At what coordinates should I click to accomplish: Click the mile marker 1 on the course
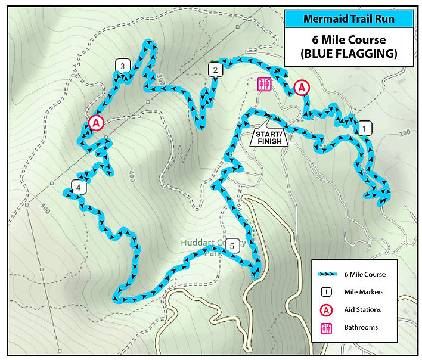click(x=364, y=128)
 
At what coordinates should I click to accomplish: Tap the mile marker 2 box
click(x=214, y=70)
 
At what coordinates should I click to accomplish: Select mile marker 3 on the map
click(x=122, y=66)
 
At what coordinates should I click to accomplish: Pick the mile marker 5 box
click(x=233, y=245)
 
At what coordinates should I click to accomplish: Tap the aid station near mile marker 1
click(x=302, y=88)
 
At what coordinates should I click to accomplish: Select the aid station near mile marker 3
click(x=95, y=123)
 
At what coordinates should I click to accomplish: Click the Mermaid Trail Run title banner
click(x=349, y=18)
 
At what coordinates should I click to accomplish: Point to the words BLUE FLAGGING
click(x=349, y=54)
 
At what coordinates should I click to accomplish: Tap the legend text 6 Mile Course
click(x=365, y=274)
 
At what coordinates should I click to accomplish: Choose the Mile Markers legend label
click(x=364, y=292)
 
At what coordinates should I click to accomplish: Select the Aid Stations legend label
click(x=362, y=310)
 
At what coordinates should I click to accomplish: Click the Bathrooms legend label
click(x=361, y=327)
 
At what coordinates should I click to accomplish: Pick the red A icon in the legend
click(x=327, y=310)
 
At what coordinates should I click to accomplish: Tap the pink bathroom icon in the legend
click(x=327, y=327)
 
